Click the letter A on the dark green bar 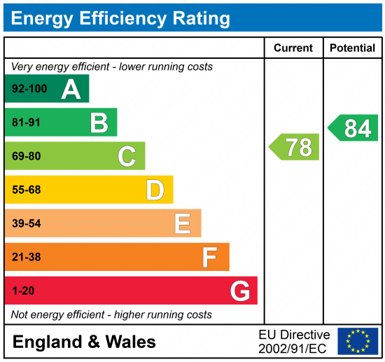click(71, 89)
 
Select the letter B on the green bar click(99, 123)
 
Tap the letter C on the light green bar click(127, 156)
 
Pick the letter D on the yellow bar click(155, 190)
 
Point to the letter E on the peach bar click(183, 223)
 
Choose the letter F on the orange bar click(209, 257)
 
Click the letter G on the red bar click(240, 291)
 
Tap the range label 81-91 click(27, 123)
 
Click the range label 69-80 click(27, 156)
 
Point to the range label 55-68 click(27, 190)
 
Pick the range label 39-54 click(27, 223)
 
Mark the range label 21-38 click(27, 257)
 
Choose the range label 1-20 click(24, 291)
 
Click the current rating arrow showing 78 click(295, 147)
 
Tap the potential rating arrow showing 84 click(353, 128)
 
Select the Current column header click(293, 48)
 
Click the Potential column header click(352, 48)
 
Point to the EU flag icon click(357, 341)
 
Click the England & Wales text click(84, 342)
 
